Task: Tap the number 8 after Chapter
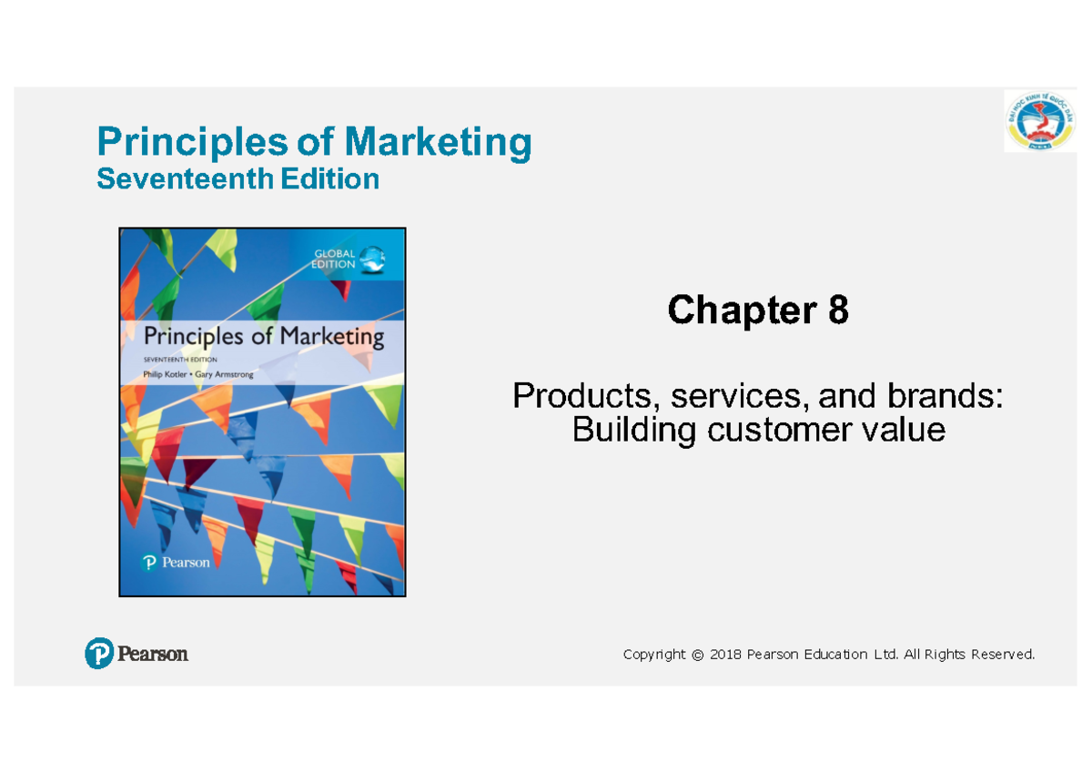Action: pos(837,311)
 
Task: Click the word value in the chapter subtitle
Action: pos(907,429)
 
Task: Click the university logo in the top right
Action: pos(1038,120)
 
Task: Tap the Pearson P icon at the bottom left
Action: pos(99,653)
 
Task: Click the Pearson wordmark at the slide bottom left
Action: pos(153,654)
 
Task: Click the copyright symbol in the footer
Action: pos(697,655)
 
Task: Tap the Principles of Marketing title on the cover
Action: pos(263,336)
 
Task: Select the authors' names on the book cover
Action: pos(198,373)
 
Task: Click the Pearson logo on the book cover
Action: pos(177,563)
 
